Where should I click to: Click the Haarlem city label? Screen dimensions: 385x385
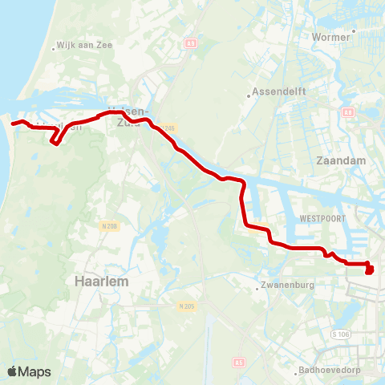pos(102,282)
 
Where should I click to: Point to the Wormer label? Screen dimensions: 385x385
pos(333,37)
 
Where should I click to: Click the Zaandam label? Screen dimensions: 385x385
pos(342,160)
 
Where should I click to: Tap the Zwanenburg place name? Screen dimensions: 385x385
pos(286,286)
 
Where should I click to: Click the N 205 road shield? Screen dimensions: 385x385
pos(186,306)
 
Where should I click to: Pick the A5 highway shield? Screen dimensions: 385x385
pos(239,363)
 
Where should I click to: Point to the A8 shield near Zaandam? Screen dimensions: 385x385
pos(348,113)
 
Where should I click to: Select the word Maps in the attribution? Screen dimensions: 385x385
pos(34,371)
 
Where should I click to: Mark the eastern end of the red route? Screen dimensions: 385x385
pos(369,271)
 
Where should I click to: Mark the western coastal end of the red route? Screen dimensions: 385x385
pos(13,123)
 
